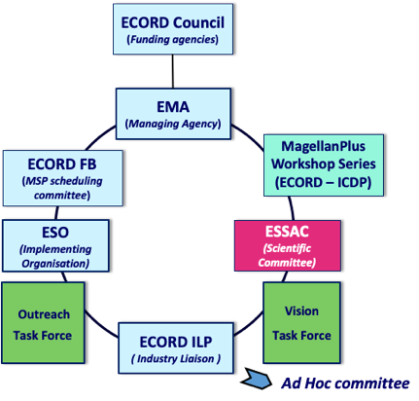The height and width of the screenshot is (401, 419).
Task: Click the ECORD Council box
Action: (173, 29)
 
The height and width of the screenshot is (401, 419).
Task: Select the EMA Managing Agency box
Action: (173, 114)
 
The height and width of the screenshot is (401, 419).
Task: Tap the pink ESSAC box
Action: (288, 245)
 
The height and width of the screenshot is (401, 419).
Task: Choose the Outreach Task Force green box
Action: (43, 323)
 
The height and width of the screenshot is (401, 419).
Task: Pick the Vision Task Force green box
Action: (301, 322)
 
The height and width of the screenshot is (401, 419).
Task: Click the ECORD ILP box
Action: (176, 348)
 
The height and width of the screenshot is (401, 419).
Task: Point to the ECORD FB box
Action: (63, 178)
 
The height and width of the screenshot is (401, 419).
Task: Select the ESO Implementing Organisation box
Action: (55, 246)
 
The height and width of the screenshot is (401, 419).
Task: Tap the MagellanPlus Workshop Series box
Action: (324, 165)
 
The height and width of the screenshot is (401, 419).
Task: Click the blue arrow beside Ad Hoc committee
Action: (256, 379)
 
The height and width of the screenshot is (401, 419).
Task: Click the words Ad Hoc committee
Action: (345, 383)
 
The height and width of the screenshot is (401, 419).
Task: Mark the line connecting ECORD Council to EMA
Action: (173, 71)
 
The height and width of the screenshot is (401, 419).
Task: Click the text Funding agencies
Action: (173, 40)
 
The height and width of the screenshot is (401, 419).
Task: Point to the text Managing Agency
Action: (173, 124)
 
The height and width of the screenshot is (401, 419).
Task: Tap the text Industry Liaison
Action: (176, 359)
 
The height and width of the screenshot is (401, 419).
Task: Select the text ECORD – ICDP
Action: (324, 183)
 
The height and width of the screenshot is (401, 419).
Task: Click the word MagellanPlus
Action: (323, 147)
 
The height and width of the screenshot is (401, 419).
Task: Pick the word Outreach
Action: (44, 314)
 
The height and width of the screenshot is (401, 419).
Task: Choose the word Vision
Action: (301, 311)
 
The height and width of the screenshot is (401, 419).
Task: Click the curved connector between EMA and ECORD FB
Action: (99, 135)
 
